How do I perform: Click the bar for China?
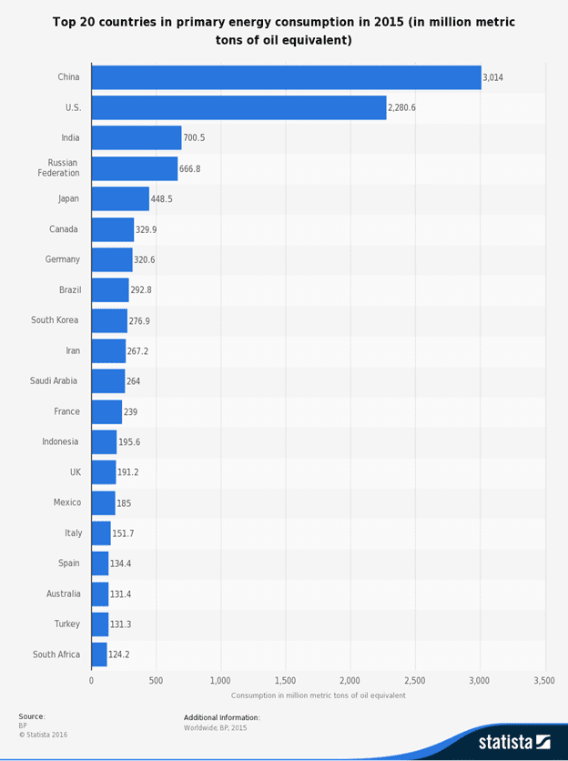tap(286, 77)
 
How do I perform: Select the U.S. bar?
tap(238, 107)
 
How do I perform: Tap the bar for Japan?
tap(120, 198)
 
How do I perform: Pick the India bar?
tap(137, 137)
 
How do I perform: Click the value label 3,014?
tap(492, 77)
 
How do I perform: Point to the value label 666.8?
tap(193, 168)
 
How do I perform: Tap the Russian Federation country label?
tap(58, 167)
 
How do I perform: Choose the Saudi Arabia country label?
tap(54, 380)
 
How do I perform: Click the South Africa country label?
tap(56, 654)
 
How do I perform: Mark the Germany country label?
tap(63, 259)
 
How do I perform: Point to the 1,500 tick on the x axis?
tap(286, 680)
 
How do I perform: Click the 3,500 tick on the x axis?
tap(544, 680)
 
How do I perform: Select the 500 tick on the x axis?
tap(156, 680)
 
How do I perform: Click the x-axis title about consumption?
tap(318, 695)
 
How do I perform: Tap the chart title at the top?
tap(284, 30)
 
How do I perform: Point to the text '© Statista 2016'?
tap(43, 735)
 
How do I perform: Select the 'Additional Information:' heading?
tap(221, 717)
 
